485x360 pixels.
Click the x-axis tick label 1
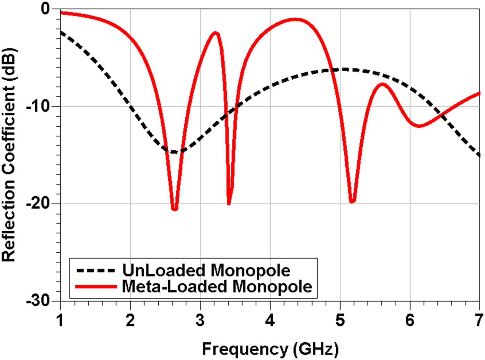click(61, 321)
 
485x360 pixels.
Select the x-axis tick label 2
click(130, 321)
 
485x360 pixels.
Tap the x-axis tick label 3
click(200, 321)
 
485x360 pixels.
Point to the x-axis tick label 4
click(270, 321)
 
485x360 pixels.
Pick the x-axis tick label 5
click(340, 321)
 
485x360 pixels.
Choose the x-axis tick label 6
click(410, 321)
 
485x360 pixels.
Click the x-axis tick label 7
click(479, 321)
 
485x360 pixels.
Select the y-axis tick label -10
click(38, 106)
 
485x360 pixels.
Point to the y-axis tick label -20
click(38, 203)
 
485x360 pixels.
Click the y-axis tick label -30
click(38, 300)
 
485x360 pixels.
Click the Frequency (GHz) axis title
click(270, 349)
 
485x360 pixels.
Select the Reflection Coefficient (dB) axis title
click(9, 154)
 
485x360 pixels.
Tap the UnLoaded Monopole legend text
click(206, 270)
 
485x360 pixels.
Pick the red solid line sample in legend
click(96, 287)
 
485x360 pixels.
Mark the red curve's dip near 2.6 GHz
click(175, 209)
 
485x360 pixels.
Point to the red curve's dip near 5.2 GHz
click(352, 201)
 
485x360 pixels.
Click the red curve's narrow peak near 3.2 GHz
click(215, 33)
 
